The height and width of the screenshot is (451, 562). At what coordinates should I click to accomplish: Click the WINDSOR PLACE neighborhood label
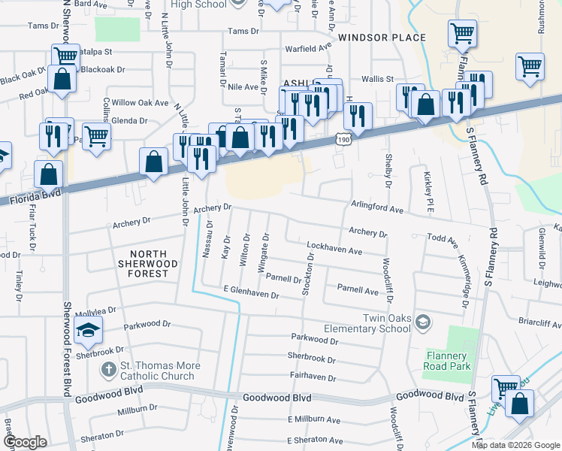(x=382, y=38)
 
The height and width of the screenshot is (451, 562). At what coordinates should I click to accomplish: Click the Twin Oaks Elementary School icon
(x=423, y=322)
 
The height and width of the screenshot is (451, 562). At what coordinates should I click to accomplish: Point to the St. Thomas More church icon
(x=108, y=370)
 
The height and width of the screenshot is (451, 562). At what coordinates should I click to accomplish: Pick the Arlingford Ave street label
(x=377, y=207)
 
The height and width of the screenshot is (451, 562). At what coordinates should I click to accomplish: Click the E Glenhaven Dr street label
(x=251, y=292)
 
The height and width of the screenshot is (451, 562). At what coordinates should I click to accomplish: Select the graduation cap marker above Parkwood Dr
(x=88, y=328)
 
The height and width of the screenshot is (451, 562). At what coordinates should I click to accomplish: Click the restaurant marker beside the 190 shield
(x=358, y=116)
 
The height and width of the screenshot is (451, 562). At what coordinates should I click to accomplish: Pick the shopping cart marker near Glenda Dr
(x=96, y=137)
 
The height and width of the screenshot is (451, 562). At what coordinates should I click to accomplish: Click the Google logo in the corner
(x=26, y=442)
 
